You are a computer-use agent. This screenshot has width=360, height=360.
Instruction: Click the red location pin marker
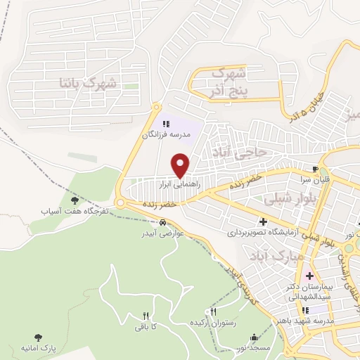(181, 165)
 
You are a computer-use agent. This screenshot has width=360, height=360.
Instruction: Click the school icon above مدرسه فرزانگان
(166, 124)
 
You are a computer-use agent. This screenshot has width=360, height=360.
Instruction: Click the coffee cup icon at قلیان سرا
(316, 169)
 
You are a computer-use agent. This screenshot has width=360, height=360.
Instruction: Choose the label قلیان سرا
(316, 179)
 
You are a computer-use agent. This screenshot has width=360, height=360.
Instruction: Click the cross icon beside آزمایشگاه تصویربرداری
(262, 222)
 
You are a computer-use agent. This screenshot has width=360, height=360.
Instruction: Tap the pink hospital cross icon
(309, 275)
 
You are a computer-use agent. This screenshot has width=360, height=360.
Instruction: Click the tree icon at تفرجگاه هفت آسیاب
(75, 200)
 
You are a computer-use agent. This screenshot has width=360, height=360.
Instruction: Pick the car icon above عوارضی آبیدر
(162, 222)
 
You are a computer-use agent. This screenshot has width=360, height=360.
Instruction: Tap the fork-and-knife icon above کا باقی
(146, 316)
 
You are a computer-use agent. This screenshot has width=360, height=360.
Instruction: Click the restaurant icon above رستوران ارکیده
(214, 311)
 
